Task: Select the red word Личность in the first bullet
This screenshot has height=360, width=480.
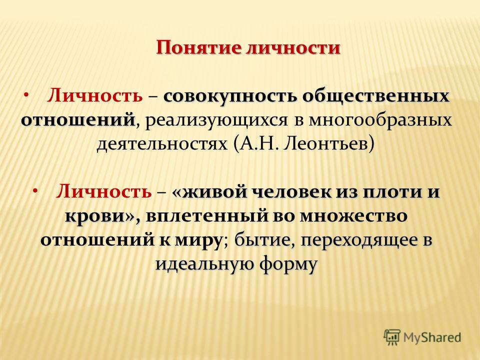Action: [94, 96]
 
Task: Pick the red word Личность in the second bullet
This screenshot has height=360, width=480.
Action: [104, 191]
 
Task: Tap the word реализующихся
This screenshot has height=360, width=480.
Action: [216, 120]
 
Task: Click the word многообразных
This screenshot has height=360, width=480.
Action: [380, 120]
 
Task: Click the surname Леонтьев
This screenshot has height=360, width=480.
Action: [329, 144]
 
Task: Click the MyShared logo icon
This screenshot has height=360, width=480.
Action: [392, 337]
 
